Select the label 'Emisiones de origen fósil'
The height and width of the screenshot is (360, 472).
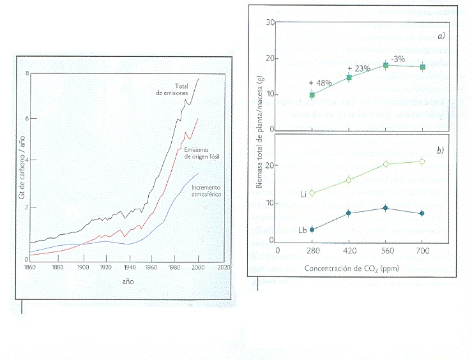(x=202, y=153)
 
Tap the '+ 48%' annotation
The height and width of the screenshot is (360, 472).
(x=319, y=82)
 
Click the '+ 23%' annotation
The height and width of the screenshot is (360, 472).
(x=358, y=68)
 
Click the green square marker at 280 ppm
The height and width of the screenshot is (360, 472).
(x=312, y=95)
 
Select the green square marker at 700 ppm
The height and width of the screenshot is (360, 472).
(x=422, y=67)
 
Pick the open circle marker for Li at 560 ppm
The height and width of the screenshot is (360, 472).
(x=385, y=164)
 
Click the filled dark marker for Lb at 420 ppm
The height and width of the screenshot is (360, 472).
(x=348, y=213)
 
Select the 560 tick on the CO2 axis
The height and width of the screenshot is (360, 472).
(x=385, y=250)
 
